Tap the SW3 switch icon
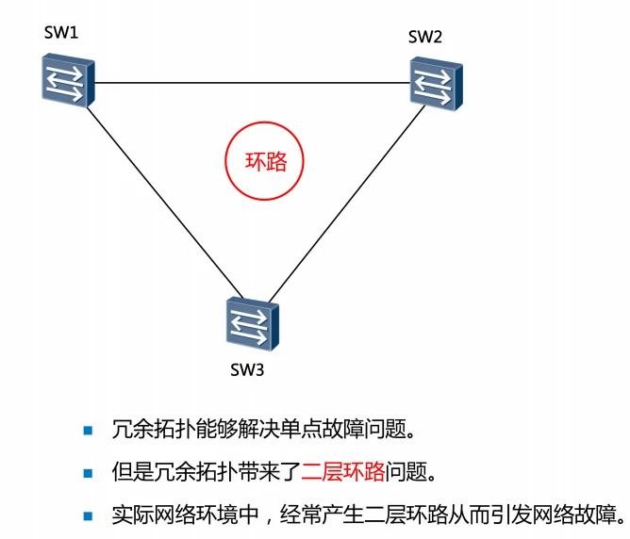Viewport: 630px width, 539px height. tap(247, 323)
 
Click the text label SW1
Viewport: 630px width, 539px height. tap(61, 34)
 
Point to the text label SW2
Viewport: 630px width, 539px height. tap(425, 37)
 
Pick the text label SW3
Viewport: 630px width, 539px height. tap(247, 368)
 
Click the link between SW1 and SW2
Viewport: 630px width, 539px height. tap(250, 83)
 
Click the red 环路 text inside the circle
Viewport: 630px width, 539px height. tap(266, 161)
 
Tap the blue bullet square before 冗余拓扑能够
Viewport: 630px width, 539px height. tap(89, 431)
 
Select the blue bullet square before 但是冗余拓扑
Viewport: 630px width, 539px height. tap(89, 472)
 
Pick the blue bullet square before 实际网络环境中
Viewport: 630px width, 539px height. tap(89, 514)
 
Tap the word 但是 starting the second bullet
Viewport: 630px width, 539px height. tap(130, 472)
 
